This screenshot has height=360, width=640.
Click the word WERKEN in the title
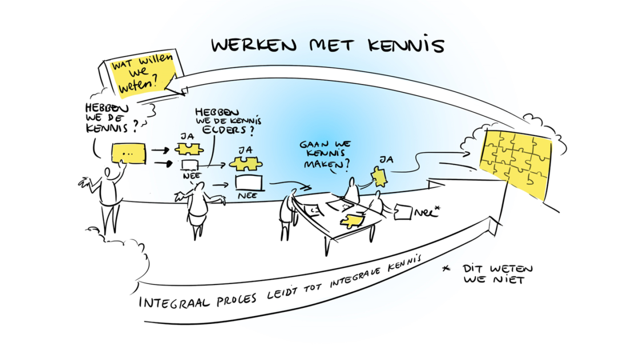254,45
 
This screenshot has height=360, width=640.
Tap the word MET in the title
332,45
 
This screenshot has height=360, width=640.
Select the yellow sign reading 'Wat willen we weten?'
142,75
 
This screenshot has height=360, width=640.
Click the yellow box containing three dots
129,154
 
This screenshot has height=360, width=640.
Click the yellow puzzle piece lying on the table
352,221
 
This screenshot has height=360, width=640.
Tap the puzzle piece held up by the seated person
379,177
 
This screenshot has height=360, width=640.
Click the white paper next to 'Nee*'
403,212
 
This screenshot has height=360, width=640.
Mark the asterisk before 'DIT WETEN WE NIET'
446,269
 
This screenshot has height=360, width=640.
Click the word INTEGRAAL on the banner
174,302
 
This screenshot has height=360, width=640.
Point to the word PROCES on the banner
237,299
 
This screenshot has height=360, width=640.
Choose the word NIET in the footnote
508,279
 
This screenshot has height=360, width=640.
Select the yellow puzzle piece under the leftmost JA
189,150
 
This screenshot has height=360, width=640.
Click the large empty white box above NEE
249,182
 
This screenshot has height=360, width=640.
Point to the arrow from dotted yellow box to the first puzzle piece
161,150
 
